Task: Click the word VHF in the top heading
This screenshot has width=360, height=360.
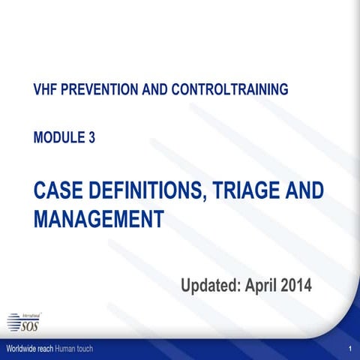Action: (47, 90)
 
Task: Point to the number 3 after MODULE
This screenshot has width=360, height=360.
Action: (91, 137)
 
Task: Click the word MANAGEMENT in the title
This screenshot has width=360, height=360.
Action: (99, 219)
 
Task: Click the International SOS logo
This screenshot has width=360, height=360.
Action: (24, 321)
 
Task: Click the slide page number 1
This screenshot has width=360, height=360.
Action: (350, 351)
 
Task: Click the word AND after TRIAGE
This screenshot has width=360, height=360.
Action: (302, 190)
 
